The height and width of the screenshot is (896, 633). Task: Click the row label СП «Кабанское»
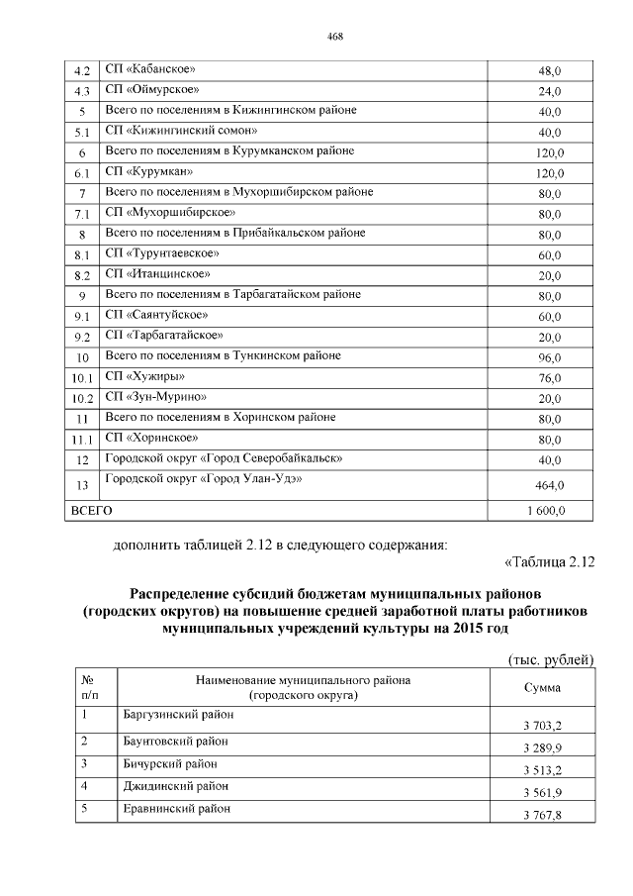click(150, 69)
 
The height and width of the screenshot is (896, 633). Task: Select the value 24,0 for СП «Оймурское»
click(549, 92)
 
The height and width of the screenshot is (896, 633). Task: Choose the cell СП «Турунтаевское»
click(162, 253)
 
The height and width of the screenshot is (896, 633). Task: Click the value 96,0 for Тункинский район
click(549, 357)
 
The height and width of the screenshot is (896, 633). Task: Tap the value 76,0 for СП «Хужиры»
click(549, 377)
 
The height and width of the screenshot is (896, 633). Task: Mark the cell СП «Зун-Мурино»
click(155, 396)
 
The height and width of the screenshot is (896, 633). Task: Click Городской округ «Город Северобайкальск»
click(224, 458)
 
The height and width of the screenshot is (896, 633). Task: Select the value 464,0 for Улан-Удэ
click(549, 485)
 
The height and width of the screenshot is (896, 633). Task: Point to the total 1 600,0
click(545, 512)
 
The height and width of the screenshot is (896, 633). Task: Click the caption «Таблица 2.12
click(549, 563)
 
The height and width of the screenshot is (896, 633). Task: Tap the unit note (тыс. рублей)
click(549, 659)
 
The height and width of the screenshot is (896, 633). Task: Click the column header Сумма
click(542, 688)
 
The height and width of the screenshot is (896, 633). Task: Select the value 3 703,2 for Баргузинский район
click(543, 725)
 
